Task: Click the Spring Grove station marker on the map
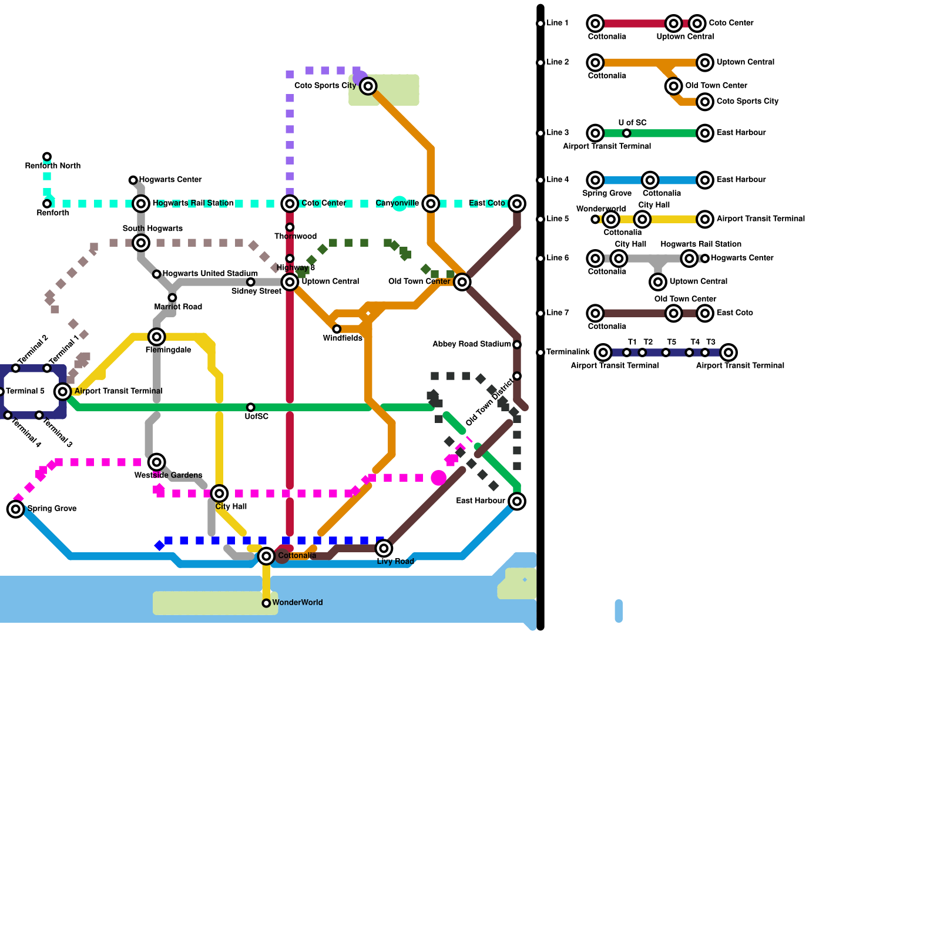[x=16, y=509]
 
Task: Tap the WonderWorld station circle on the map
[x=266, y=603]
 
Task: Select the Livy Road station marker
[x=384, y=548]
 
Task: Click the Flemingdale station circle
[x=156, y=337]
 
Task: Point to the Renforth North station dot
[x=47, y=157]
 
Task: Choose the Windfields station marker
[x=337, y=329]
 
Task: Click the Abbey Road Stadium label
[x=472, y=344]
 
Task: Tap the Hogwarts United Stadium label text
[x=210, y=274]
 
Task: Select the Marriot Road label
[x=178, y=307]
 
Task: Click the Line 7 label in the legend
[x=558, y=313]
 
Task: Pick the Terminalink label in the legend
[x=568, y=352]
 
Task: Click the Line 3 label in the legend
[x=558, y=133]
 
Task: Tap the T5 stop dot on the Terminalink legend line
[x=666, y=352]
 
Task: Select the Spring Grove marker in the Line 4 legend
[x=595, y=180]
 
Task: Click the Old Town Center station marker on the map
[x=462, y=282]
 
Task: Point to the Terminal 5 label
[x=25, y=391]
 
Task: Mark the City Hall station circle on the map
[x=219, y=493]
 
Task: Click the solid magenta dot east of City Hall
[x=438, y=478]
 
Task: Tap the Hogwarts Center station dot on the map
[x=133, y=180]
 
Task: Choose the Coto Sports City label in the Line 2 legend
[x=747, y=101]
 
